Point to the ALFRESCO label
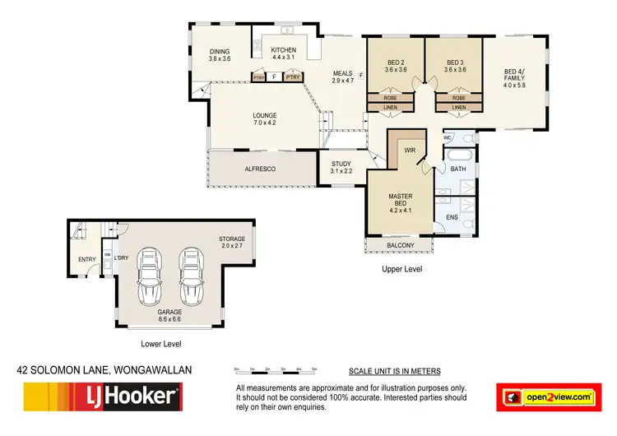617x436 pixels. pos(260,169)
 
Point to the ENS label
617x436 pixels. pos(452,217)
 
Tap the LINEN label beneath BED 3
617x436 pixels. pos(458,107)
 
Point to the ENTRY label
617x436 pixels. pos(86,260)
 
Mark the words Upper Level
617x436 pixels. pos(402,269)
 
